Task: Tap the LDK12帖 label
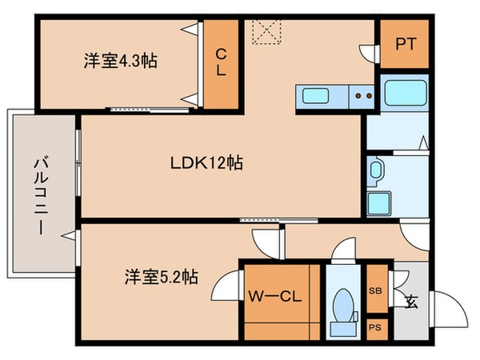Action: coord(206,163)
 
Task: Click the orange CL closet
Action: coord(221,62)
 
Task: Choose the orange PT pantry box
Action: coord(404,45)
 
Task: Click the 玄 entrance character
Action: coord(410,302)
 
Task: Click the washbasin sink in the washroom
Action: coord(376,170)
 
